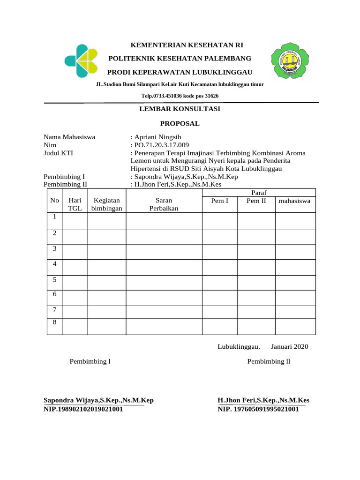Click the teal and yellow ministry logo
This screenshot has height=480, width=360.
coord(81,61)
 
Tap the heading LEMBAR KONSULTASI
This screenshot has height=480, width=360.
coord(180,109)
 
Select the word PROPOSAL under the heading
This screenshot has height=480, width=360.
coord(180,124)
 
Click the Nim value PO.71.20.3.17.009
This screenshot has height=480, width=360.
coord(161,145)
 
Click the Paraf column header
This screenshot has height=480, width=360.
coord(259,193)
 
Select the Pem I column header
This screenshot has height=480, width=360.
coord(220,201)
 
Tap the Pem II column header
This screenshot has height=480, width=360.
coord(256,201)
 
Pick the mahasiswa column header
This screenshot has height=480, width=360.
coord(295,201)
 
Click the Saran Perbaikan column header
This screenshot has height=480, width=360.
coord(164,204)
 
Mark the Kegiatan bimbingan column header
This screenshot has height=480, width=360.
coord(107,204)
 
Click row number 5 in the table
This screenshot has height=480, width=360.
coord(55,280)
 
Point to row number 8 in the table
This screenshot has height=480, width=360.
coord(55,323)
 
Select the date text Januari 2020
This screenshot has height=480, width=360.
coord(290,347)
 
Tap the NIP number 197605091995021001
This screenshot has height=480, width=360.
coord(258,409)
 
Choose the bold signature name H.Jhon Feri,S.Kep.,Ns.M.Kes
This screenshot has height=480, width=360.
coord(263,401)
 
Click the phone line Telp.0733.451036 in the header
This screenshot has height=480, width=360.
coord(180,96)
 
